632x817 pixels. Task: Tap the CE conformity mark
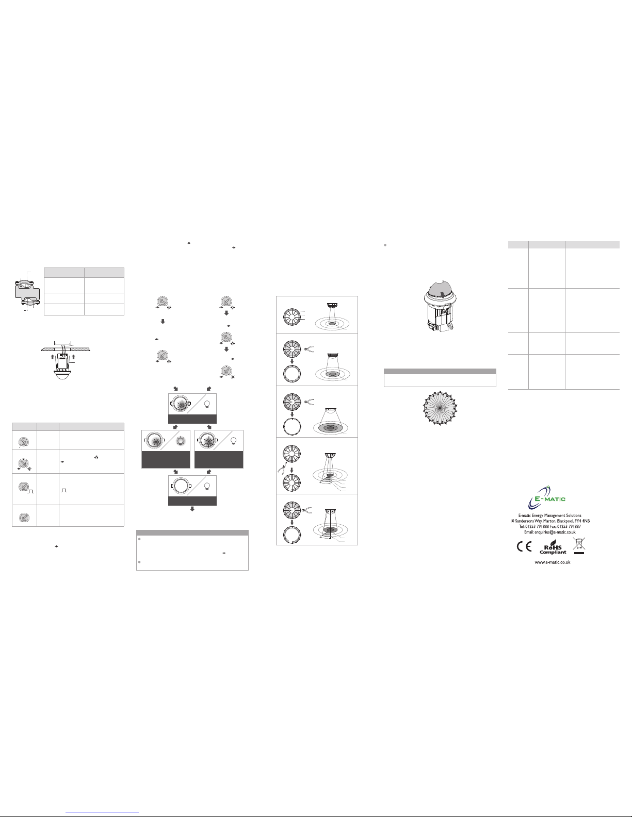524,546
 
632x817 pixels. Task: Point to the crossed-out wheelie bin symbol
578,545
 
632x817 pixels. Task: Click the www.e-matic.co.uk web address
552,562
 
